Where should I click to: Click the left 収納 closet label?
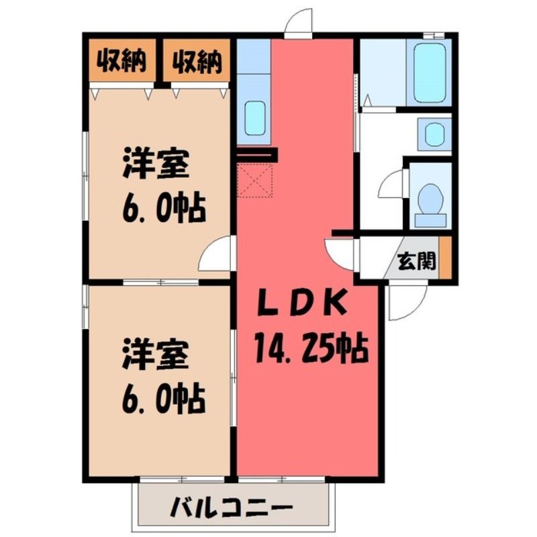coord(121,61)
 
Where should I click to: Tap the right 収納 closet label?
coord(197,62)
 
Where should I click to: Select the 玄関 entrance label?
coord(416,261)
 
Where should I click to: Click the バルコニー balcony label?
coord(232,507)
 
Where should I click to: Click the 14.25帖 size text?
coord(311,349)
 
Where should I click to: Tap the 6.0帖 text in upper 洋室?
coord(164,207)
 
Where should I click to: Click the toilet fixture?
coord(430,205)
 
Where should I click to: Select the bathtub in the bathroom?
coord(430,72)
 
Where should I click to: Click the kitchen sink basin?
coord(255,119)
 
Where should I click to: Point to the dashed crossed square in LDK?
coord(255,180)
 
